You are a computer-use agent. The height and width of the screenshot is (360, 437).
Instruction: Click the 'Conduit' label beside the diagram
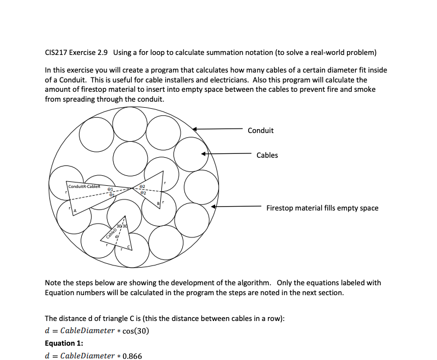(x=260, y=130)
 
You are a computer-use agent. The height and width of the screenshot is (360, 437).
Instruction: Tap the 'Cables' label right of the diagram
(x=267, y=155)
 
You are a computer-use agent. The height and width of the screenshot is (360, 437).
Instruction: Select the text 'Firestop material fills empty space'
(x=322, y=208)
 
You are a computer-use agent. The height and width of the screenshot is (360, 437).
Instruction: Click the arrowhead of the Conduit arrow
(x=195, y=129)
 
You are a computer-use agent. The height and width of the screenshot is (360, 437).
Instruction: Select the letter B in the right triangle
(x=159, y=204)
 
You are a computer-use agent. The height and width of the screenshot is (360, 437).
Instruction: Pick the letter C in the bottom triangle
(x=128, y=247)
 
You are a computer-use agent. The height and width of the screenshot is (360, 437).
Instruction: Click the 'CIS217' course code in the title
(x=55, y=53)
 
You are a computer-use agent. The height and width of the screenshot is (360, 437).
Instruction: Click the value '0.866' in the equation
(x=132, y=356)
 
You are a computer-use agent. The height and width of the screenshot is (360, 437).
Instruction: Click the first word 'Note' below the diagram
(x=53, y=283)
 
